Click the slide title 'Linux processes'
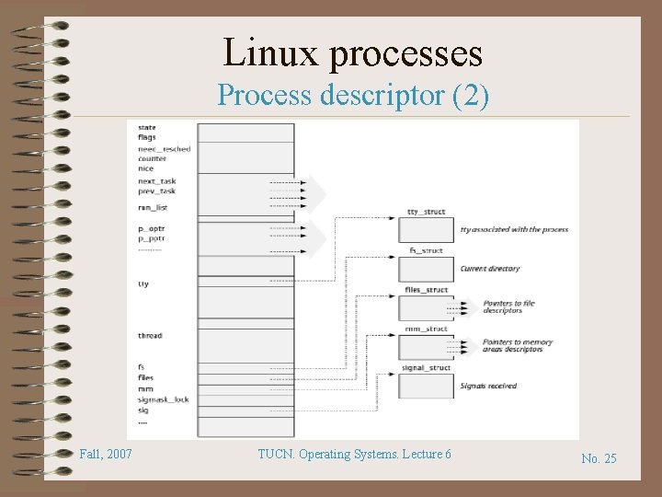pos(353,52)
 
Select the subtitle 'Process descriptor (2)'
pos(353,95)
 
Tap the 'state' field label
pos(147,127)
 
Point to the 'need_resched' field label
pos(165,148)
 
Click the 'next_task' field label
pos(156,181)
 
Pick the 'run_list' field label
pos(153,207)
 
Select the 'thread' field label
pos(150,335)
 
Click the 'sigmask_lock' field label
pos(163,399)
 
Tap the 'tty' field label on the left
pos(143,284)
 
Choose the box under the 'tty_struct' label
pos(426,230)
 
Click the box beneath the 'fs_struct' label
pos(426,269)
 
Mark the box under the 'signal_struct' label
pos(426,386)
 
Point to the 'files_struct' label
pos(426,290)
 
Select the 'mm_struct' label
pos(426,329)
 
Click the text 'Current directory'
pos(490,269)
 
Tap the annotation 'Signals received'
pos(488,386)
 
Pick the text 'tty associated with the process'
pos(514,229)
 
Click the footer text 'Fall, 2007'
pos(106,455)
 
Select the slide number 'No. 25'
pos(599,458)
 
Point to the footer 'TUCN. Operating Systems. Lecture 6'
pos(353,455)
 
